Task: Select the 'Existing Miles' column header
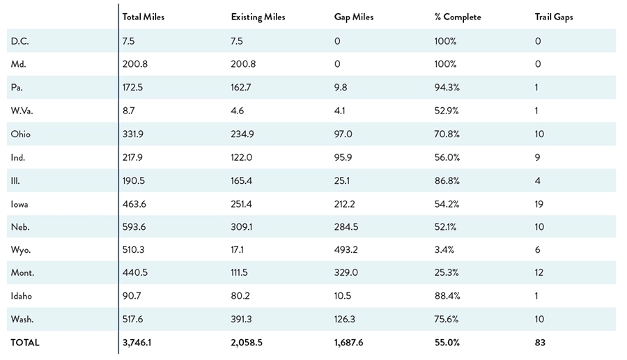pos(258,17)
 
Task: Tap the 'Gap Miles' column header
pos(354,17)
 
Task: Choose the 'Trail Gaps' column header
pos(554,17)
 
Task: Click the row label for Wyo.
pos(20,249)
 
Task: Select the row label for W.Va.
pos(22,110)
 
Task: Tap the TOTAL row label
pos(25,343)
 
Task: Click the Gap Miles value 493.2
pos(346,249)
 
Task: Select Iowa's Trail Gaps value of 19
pos(539,203)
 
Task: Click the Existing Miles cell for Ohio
pos(242,134)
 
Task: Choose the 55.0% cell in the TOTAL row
pos(447,343)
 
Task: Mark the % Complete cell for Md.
pos(445,64)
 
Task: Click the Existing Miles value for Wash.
pos(242,319)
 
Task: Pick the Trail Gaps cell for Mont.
pos(539,273)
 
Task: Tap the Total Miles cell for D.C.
pos(128,41)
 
